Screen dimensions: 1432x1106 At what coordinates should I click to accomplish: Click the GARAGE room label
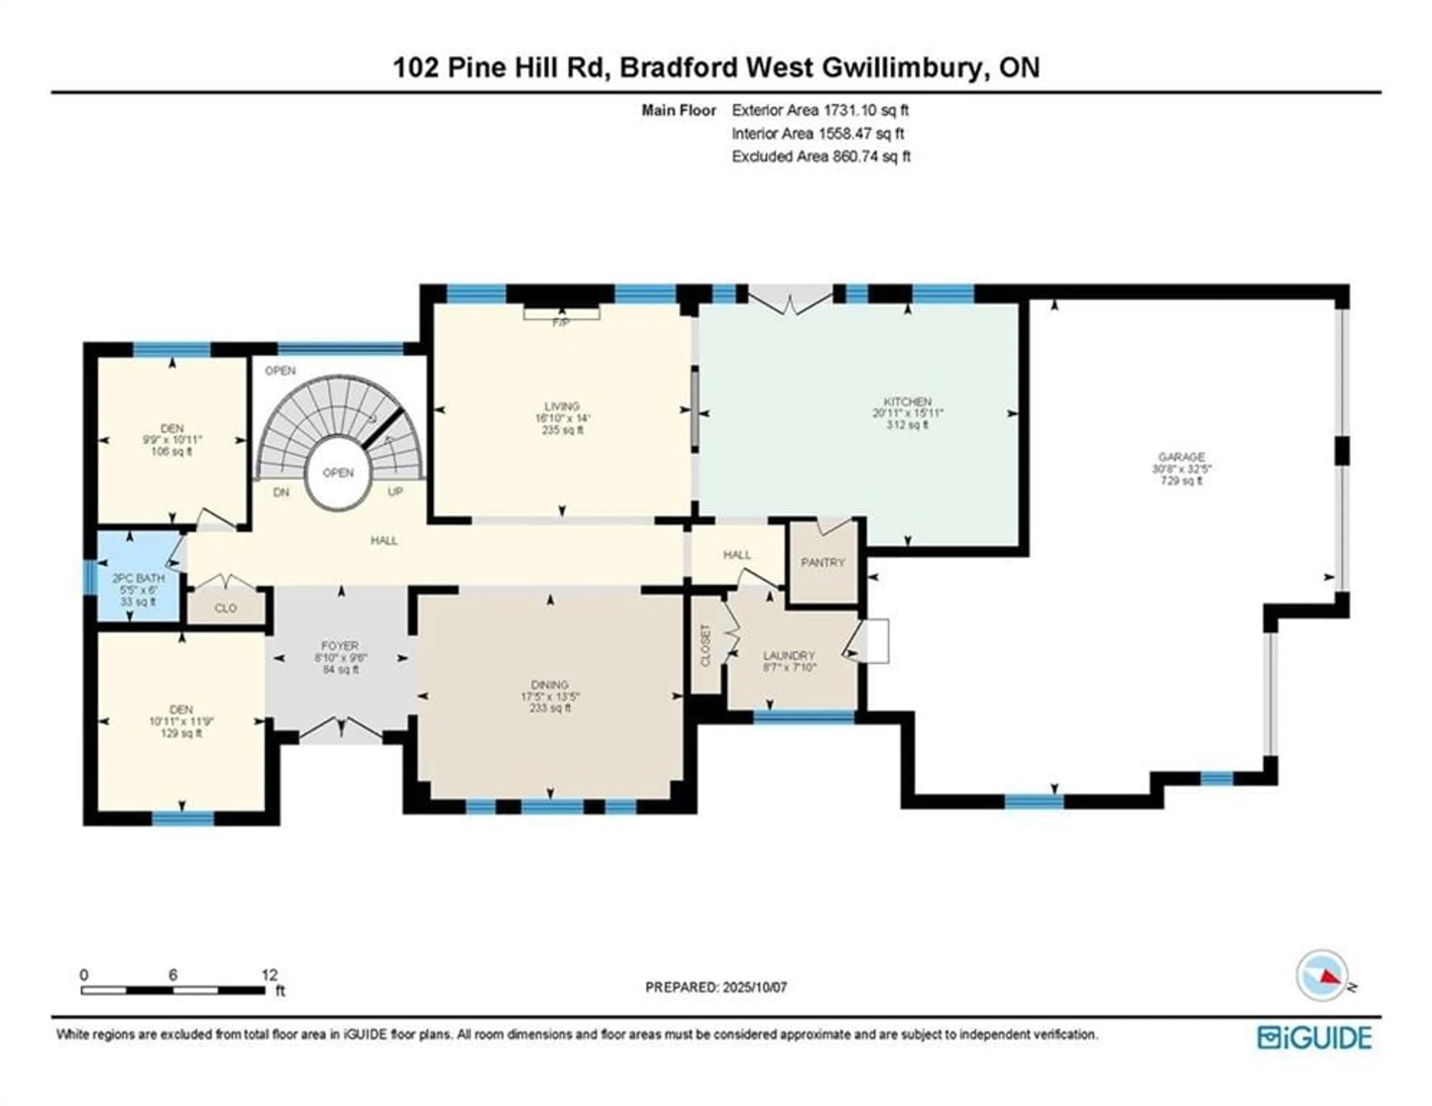1181,457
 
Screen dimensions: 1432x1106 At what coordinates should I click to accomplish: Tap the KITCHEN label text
907,402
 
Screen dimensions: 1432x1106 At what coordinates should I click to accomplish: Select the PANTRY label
823,563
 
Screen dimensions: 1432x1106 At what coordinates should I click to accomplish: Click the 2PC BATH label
138,578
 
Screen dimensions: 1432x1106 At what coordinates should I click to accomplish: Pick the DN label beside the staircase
281,492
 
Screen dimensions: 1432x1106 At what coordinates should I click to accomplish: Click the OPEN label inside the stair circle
338,472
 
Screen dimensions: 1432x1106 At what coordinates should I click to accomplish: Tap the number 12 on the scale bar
270,975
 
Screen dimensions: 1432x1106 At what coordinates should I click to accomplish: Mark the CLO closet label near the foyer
226,608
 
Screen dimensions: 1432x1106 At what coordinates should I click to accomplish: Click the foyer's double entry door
341,730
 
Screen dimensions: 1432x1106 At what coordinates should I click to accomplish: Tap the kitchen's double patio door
791,302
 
